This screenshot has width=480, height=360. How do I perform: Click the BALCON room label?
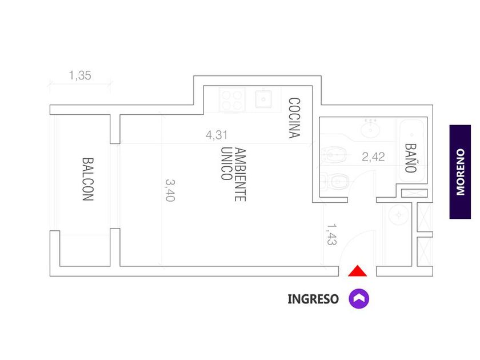point(88,179)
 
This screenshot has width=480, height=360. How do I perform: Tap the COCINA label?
point(294,118)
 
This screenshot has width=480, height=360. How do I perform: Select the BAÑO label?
point(410,158)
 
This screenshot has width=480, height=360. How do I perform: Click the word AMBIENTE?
point(241,174)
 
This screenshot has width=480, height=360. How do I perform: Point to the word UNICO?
point(226,163)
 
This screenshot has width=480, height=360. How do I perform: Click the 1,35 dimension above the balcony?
point(80,75)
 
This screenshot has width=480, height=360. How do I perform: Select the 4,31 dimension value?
point(217,135)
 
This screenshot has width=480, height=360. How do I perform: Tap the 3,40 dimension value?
point(170,190)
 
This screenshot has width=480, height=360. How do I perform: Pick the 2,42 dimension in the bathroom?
point(373,157)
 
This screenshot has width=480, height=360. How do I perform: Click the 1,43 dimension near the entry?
point(332,234)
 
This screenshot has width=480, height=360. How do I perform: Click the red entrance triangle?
point(357,271)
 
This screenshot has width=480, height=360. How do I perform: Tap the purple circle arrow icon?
point(359,298)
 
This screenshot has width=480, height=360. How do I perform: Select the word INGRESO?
point(313,299)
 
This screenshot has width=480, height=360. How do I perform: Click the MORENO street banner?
point(460,172)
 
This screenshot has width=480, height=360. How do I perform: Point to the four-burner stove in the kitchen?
point(232,100)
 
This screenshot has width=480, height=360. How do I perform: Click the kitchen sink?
point(263,99)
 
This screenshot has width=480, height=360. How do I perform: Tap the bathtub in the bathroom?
point(412,151)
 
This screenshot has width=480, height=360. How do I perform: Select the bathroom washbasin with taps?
point(370,129)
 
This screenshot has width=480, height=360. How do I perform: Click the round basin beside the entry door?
point(399,215)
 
